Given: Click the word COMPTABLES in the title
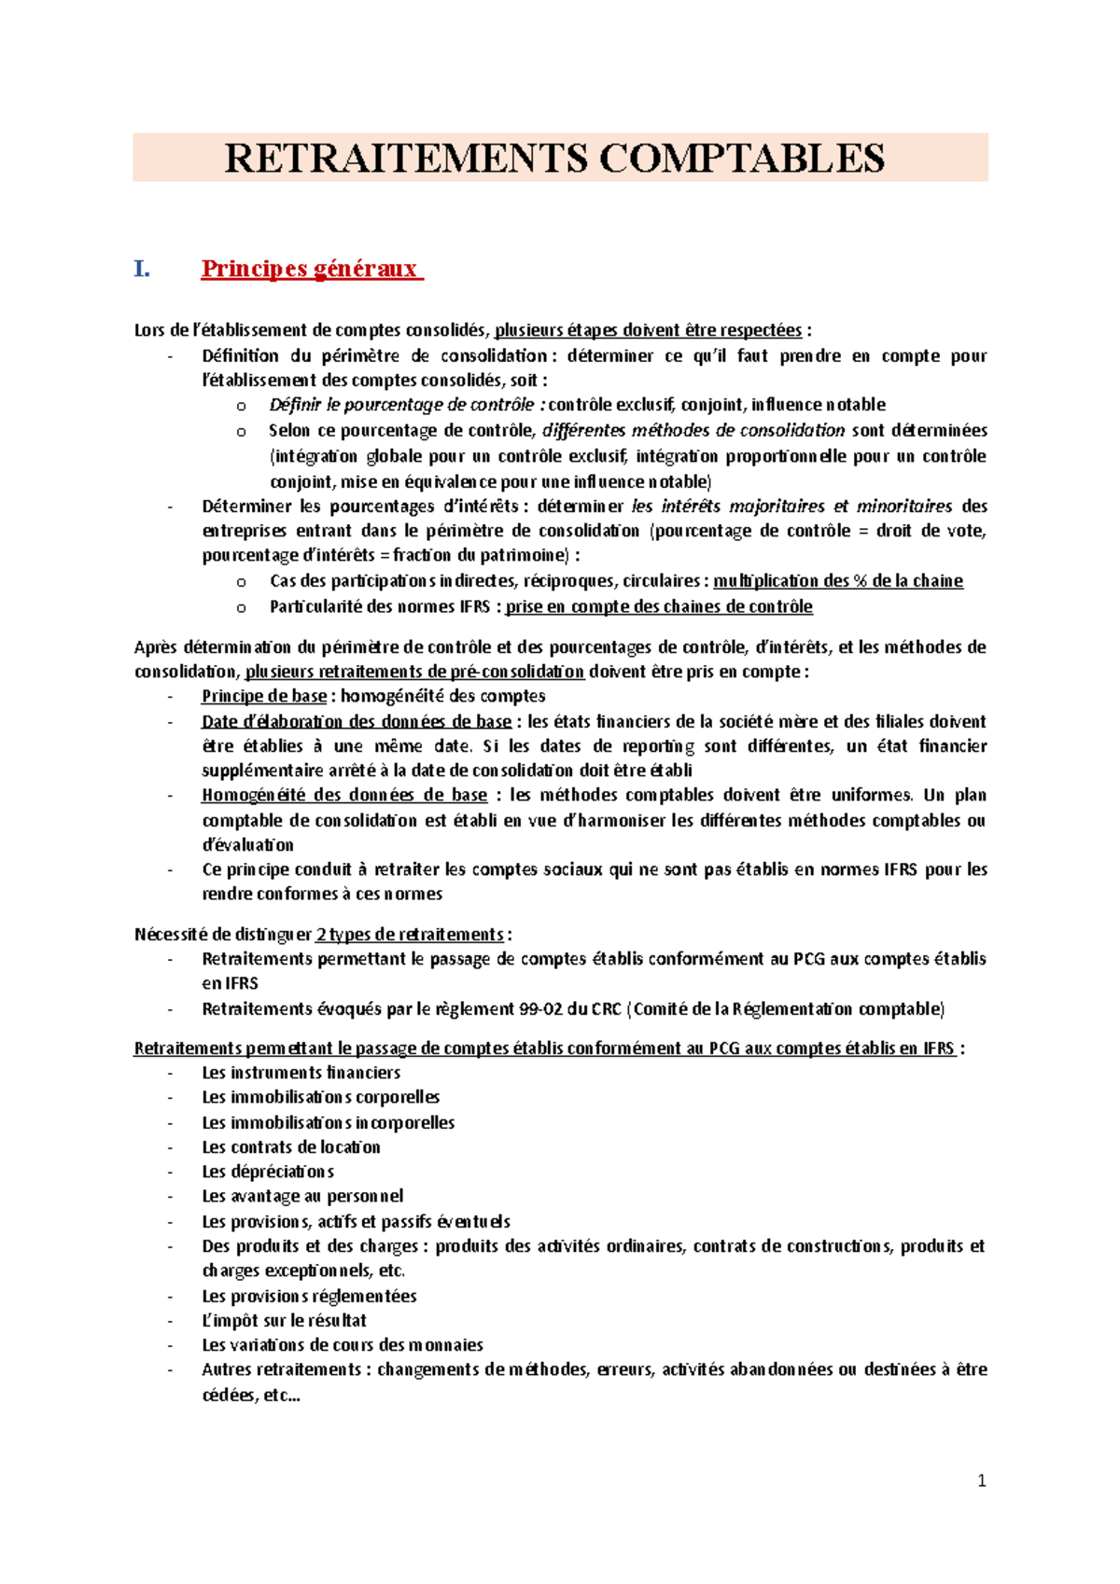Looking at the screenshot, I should pos(741,158).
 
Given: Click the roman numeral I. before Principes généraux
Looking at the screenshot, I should pos(142,269).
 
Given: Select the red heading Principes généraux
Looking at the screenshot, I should pos(312,269).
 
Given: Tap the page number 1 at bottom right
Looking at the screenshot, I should pos(981,1480).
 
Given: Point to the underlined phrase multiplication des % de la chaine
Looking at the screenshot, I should pos(837,581).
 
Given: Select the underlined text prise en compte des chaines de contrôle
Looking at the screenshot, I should pos(658,606).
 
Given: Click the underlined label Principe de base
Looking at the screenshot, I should pos(264,696).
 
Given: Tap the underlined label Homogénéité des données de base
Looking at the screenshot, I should pos(344,795).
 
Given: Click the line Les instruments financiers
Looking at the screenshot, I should pos(301,1073).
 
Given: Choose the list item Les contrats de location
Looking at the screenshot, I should pos(291,1147).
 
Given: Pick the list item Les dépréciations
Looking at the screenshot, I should pos(268,1172).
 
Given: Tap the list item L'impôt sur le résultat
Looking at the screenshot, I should pos(284,1320).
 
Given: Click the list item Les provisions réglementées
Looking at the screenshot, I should pos(309,1296).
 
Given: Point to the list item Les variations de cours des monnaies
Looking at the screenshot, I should pos(343,1345).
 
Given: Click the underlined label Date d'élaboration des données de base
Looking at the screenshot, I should pos(357,721).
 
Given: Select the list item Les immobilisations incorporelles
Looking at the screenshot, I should pos(328,1122).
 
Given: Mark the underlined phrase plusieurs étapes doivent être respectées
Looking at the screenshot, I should pos(648,330).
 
